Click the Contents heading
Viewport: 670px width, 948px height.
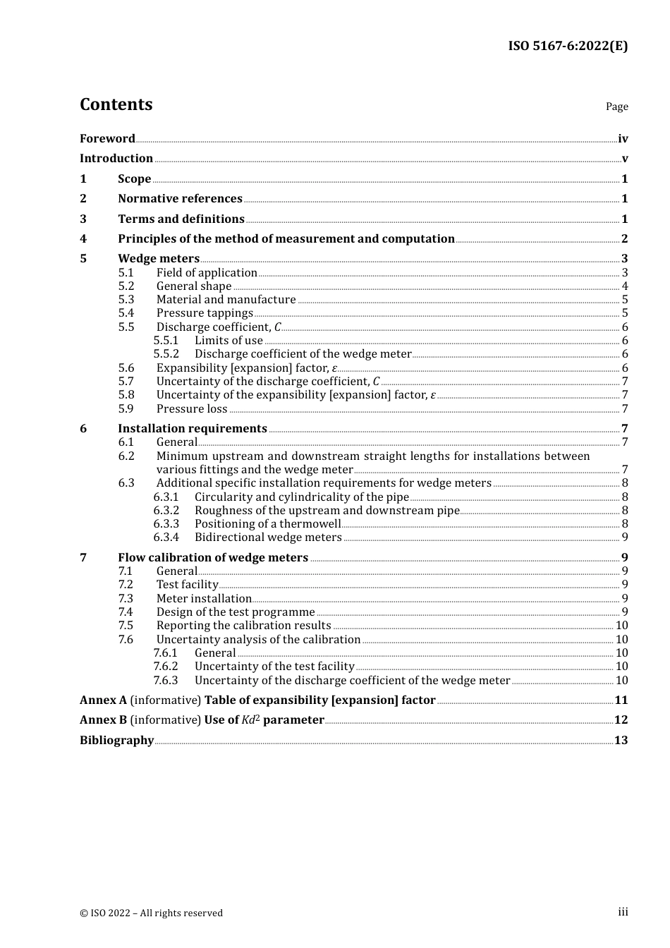tap(116, 104)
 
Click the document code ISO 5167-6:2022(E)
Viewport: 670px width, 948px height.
tap(567, 46)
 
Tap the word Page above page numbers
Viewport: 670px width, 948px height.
tap(616, 107)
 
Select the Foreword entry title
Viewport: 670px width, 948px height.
tap(107, 139)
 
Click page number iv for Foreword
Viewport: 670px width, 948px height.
tap(623, 139)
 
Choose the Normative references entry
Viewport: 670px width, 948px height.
tap(180, 199)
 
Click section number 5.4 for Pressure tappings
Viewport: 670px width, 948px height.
tap(126, 313)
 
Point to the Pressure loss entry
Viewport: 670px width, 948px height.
tap(192, 409)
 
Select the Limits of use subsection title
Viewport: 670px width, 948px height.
tap(229, 341)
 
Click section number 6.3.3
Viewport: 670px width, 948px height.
tap(166, 524)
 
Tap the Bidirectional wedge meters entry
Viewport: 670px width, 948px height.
tap(268, 537)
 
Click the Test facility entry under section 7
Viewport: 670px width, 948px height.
tap(188, 585)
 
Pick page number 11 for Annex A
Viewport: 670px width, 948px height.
tap(621, 700)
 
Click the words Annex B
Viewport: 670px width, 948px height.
tap(103, 720)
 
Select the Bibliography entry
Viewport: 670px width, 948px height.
tap(116, 741)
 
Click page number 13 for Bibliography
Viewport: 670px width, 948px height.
tap(621, 741)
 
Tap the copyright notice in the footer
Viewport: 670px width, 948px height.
tap(151, 913)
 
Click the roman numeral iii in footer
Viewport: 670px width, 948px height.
tap(623, 912)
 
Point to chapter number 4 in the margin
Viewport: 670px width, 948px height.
tap(83, 239)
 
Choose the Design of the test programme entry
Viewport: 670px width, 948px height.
tap(236, 612)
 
